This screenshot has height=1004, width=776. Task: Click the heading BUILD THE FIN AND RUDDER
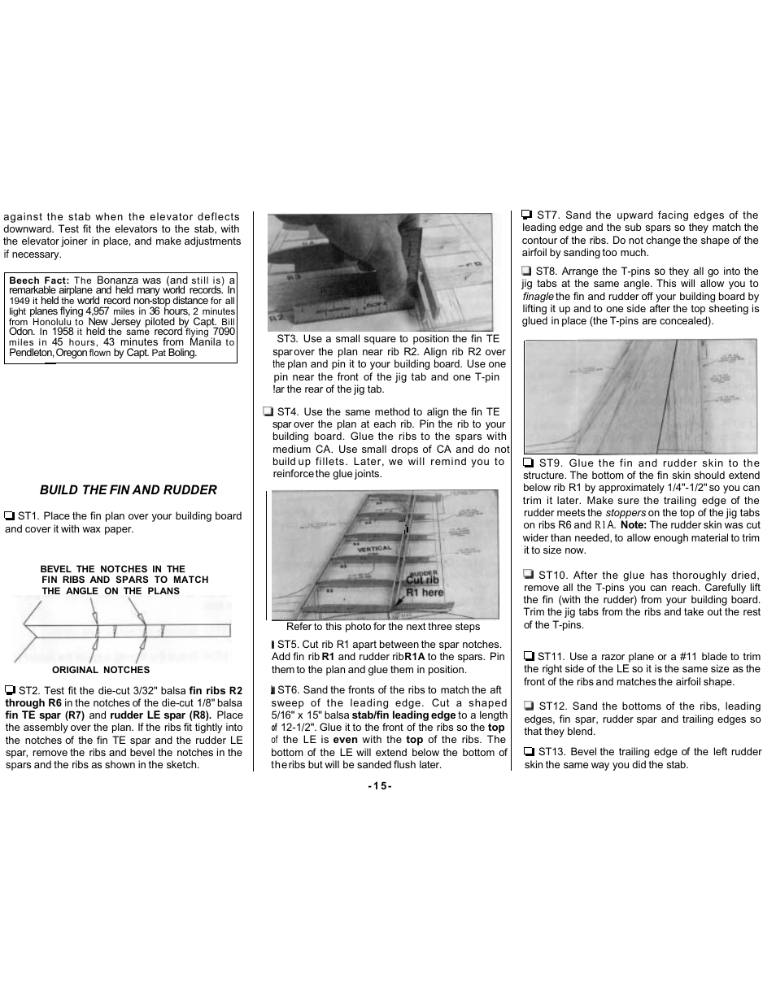pos(129,489)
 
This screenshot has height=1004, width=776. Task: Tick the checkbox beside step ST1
pos(10,516)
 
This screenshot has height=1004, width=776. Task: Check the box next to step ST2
pos(11,690)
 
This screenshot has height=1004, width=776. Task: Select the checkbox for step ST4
pos(268,412)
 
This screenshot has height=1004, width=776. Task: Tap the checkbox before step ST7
pos(527,215)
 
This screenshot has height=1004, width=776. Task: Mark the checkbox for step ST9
pos(528,463)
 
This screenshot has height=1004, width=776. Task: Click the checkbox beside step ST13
pos(529,752)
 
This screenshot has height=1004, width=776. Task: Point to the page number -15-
pos(380,786)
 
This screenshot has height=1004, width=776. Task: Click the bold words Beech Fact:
pos(38,280)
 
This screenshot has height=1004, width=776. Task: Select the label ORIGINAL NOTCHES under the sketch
pos(101,670)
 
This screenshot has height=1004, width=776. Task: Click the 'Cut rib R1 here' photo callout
pos(424,585)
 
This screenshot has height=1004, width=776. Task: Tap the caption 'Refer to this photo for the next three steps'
pos(382,627)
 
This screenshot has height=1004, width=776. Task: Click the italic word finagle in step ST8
pos(538,297)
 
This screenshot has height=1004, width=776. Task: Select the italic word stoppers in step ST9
pos(626,513)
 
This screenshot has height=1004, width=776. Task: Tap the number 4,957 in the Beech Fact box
pos(97,311)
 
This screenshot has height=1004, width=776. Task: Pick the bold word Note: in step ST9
pos(633,525)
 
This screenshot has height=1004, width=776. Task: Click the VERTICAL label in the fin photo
pos(375,549)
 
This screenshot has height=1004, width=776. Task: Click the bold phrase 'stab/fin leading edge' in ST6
pos(403,715)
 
